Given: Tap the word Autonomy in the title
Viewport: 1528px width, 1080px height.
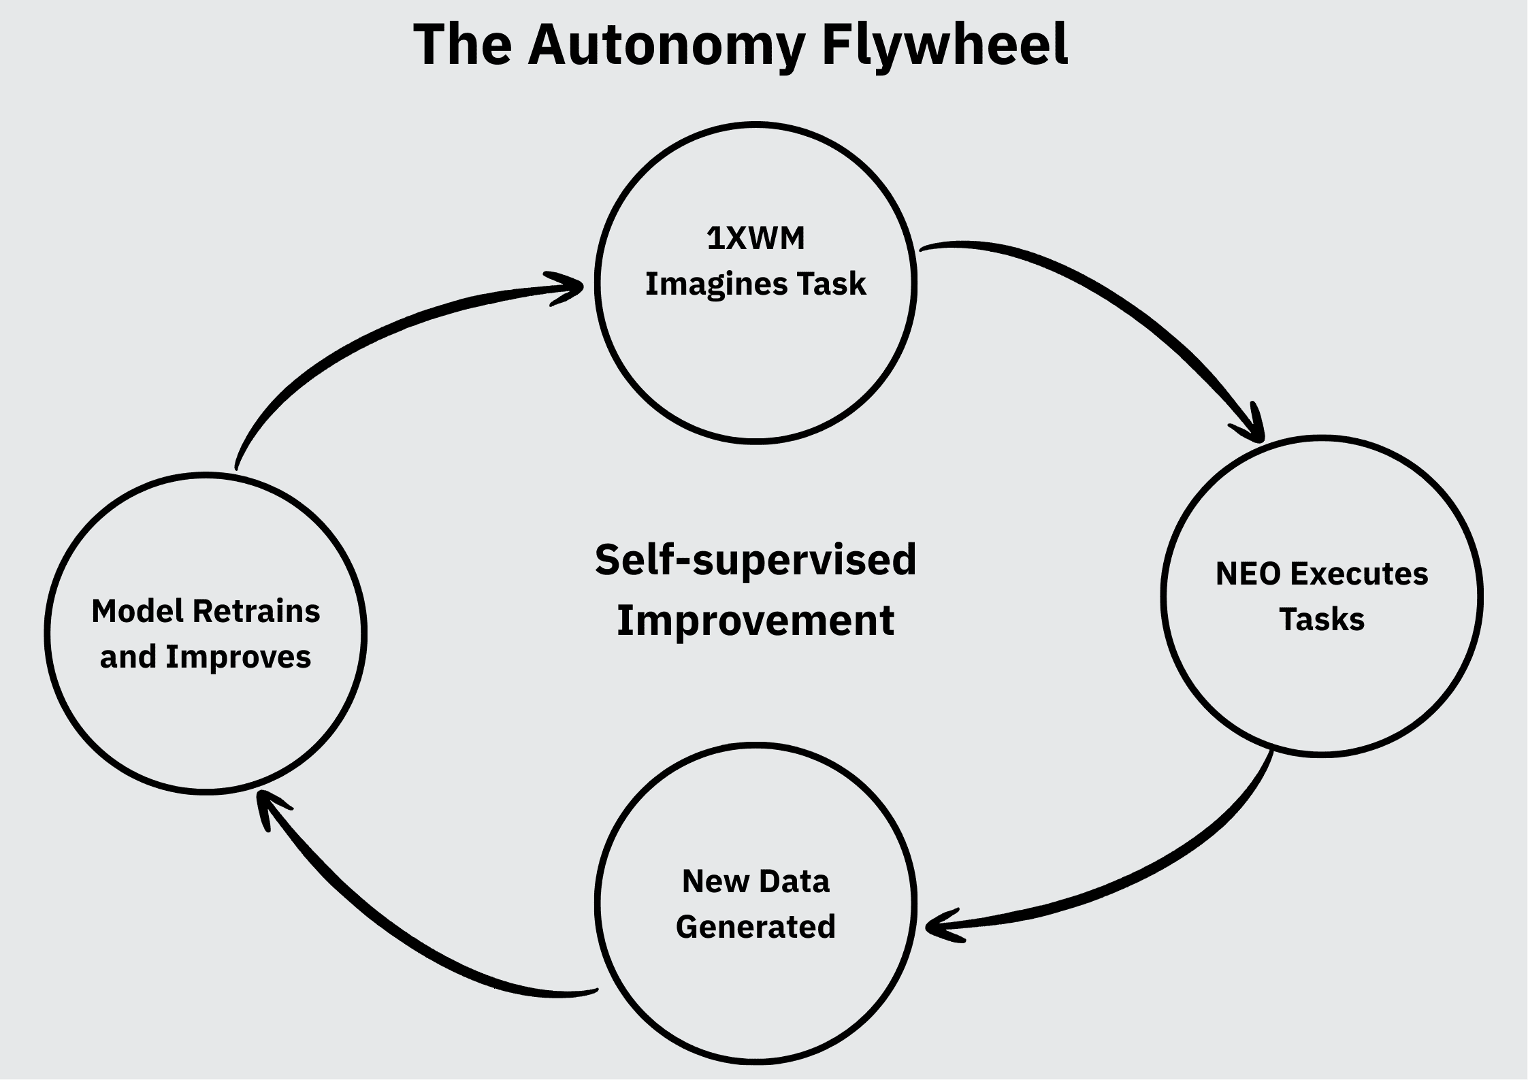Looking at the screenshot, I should tap(666, 46).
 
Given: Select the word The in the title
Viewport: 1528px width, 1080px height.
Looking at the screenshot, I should tap(462, 45).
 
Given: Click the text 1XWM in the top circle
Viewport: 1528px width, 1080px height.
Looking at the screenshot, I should tap(755, 239).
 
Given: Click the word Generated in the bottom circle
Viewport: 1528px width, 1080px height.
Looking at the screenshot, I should tap(755, 927).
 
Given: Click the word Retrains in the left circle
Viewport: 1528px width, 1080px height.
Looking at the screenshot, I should tap(257, 611).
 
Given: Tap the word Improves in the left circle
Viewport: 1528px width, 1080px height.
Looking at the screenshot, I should tap(238, 657).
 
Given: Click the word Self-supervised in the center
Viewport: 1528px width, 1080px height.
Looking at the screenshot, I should tap(755, 560).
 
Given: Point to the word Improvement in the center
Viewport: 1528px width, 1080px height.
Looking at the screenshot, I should tap(755, 621).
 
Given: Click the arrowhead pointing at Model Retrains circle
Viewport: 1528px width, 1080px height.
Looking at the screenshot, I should tap(269, 806).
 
